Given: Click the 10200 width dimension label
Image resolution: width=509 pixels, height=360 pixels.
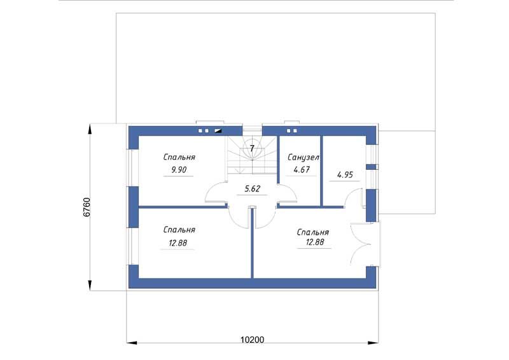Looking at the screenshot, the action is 252,340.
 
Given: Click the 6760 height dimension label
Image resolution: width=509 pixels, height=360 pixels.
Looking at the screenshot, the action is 87,207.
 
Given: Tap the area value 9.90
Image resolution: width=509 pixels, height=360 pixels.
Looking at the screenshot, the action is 179,170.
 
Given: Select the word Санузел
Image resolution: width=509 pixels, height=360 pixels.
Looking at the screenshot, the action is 303,158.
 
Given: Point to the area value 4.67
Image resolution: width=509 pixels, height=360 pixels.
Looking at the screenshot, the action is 302,169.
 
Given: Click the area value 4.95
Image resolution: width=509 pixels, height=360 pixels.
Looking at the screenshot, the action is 345,175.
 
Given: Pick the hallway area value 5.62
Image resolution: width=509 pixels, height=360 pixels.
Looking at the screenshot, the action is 252,189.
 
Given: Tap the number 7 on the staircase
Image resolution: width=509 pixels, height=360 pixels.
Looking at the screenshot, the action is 252,148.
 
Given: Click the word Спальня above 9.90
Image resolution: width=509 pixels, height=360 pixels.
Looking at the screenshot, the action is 179,157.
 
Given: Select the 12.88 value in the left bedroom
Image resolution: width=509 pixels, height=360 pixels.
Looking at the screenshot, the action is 178,243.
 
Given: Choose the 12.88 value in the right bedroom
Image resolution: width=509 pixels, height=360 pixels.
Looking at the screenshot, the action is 315,242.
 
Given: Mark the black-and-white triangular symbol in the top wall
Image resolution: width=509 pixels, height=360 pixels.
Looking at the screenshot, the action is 218,131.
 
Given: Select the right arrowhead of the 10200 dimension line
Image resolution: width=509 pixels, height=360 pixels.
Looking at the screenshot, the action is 373,342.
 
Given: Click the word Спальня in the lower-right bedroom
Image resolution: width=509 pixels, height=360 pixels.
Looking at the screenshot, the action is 312,232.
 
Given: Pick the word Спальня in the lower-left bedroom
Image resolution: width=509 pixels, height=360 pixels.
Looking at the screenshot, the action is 179,230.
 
